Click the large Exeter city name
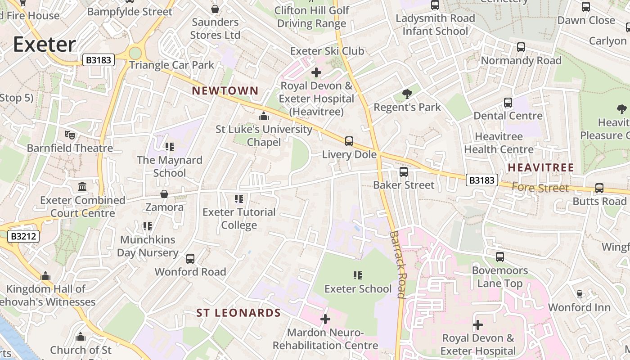[44, 45]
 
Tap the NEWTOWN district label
[225, 91]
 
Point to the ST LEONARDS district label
[238, 313]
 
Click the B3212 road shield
[23, 236]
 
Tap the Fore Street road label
[540, 188]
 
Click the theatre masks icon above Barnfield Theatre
[70, 135]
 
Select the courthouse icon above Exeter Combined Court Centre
[82, 186]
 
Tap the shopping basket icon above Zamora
[164, 194]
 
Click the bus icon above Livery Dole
[349, 141]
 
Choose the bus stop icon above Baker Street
[404, 171]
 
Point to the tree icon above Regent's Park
[407, 94]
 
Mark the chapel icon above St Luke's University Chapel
[264, 116]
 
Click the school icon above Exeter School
[358, 275]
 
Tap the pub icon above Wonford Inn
[580, 294]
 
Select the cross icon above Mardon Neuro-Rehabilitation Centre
[325, 319]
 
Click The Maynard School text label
[170, 166]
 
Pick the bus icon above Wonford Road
[190, 258]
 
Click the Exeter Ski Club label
[327, 51]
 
